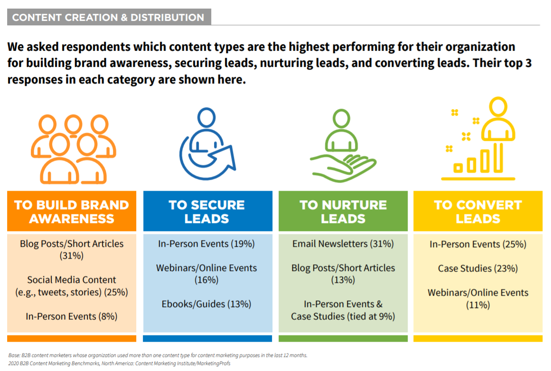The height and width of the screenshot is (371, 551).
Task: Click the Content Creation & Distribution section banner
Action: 109,17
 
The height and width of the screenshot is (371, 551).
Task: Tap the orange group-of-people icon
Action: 74,149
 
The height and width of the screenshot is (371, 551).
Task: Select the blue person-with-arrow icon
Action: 207,144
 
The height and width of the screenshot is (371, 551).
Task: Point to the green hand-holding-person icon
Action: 343,146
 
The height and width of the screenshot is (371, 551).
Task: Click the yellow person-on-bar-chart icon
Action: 478,139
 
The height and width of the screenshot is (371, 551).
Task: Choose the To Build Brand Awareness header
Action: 72,211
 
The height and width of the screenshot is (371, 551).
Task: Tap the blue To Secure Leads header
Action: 208,211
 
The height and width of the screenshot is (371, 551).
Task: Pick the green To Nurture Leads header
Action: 343,211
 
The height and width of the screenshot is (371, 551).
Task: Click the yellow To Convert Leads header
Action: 478,211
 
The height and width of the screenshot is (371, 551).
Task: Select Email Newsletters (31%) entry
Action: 343,244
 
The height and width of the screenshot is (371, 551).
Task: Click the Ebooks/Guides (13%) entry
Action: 206,304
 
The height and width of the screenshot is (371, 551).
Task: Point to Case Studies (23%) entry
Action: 478,269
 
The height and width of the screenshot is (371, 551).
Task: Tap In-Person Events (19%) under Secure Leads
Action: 206,244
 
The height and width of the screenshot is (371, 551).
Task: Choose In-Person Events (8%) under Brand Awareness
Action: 71,316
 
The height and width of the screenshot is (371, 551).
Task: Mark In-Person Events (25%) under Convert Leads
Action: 478,244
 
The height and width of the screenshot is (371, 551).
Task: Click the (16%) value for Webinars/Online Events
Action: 206,280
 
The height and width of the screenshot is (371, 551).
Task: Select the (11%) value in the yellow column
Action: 478,305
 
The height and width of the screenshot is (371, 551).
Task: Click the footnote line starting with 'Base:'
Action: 158,355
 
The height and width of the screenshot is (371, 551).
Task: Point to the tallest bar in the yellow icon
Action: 498,158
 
